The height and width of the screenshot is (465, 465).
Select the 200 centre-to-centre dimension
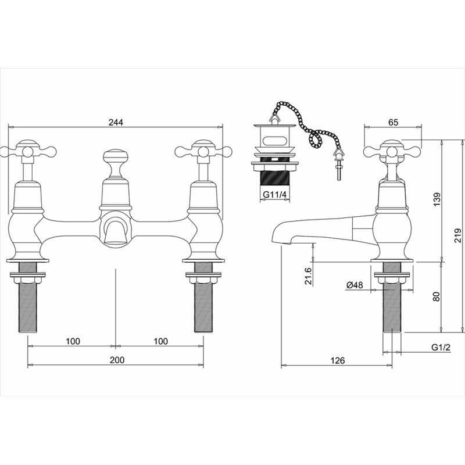[117, 360]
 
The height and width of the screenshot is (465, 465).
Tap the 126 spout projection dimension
[338, 360]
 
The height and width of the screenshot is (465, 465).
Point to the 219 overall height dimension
[457, 235]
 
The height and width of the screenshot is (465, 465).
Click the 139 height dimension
[438, 200]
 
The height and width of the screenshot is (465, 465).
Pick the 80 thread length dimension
[438, 296]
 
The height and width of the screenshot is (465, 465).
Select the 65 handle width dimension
[393, 122]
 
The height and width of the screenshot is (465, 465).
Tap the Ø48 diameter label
[354, 285]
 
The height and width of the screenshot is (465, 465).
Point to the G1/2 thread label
[441, 347]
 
